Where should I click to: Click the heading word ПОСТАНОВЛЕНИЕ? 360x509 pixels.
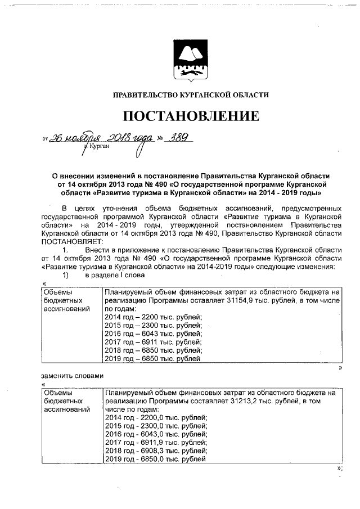[x=191, y=116]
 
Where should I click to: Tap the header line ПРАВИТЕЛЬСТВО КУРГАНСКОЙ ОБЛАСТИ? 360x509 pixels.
[x=191, y=95]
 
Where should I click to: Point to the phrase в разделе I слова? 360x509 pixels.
[x=115, y=275]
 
